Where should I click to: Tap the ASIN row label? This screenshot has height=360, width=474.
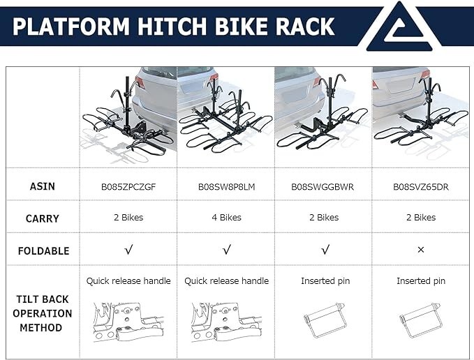tap(43, 186)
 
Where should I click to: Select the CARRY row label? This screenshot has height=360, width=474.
tap(43, 218)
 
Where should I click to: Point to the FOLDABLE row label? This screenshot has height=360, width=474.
tap(43, 250)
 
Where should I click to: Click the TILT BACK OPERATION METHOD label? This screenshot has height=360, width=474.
tap(43, 313)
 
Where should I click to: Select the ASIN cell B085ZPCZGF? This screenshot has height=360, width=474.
tap(128, 186)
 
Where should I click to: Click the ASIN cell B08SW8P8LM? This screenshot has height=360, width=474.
tap(226, 186)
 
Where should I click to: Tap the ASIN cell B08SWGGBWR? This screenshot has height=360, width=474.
tap(323, 186)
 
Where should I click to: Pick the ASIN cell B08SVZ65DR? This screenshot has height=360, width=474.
tap(420, 186)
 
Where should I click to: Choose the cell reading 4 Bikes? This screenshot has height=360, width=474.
tap(226, 218)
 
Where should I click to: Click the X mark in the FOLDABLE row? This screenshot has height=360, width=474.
tap(420, 250)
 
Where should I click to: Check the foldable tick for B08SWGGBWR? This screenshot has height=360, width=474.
tap(324, 250)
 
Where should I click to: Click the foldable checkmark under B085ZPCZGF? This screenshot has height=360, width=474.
tap(128, 250)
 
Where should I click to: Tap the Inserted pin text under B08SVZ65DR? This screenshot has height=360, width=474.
tap(420, 281)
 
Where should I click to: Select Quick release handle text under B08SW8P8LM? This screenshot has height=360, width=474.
tap(226, 281)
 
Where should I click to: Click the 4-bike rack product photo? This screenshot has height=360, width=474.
tap(225, 117)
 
